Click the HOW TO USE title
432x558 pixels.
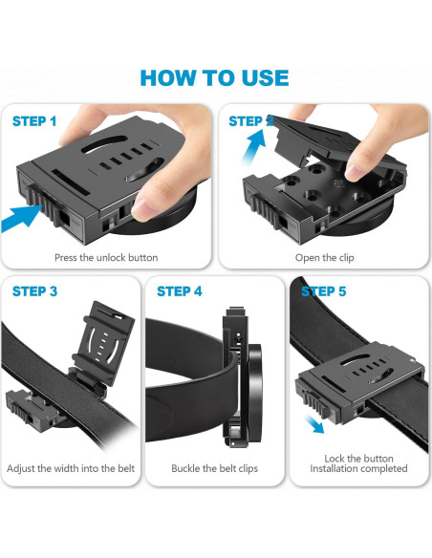point(214,78)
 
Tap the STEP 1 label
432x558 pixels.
point(34,121)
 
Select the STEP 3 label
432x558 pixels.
point(34,291)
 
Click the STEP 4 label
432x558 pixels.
point(180,291)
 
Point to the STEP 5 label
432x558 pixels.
point(323,291)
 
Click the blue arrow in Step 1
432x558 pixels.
point(21,218)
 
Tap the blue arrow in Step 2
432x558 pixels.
point(254,146)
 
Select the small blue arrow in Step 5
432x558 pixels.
point(315,424)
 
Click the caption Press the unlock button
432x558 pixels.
point(106,258)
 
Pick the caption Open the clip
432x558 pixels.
point(325,258)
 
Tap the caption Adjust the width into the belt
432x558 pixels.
point(71,468)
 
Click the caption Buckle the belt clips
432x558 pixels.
point(215,468)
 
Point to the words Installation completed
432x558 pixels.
point(358,468)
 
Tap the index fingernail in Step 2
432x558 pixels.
point(354,173)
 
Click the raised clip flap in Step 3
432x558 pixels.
point(104,343)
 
